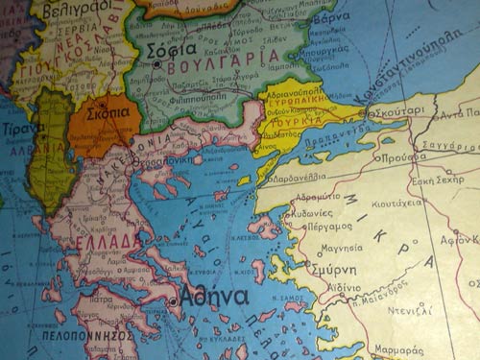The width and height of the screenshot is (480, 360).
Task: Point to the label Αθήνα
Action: (x=214, y=296)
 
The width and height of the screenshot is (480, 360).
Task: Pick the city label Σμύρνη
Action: (x=332, y=270)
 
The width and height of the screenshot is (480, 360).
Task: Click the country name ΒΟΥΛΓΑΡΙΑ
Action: (x=221, y=56)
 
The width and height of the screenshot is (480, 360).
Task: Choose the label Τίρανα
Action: (x=22, y=128)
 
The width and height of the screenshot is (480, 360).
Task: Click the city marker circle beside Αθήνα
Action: (x=174, y=300)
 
